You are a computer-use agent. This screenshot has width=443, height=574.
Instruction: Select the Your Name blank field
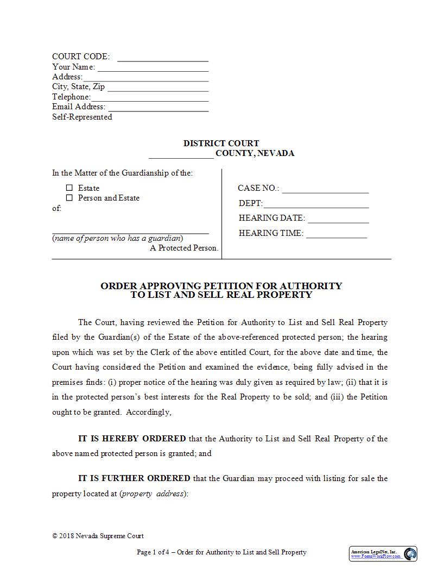pos(153,68)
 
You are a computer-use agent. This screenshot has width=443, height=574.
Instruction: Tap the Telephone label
pos(71,97)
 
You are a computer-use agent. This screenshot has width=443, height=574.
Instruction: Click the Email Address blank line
pos(158,109)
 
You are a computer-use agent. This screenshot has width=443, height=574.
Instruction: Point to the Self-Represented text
pos(82,117)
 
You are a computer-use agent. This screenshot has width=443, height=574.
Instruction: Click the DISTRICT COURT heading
pos(221,143)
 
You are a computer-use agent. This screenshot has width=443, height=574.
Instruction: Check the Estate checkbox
pos(69,188)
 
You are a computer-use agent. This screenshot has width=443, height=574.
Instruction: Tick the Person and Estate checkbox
pos(69,198)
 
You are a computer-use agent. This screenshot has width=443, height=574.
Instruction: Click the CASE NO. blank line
pos(325,191)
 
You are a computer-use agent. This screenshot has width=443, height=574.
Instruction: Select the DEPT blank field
pos(316,205)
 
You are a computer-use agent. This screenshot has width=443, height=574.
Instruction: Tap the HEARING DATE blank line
pos(338,221)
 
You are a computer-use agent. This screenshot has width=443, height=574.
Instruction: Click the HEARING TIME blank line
pos(336,236)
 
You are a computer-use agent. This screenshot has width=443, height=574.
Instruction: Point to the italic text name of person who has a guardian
pos(118,238)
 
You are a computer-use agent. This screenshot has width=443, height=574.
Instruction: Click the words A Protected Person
pos(184,248)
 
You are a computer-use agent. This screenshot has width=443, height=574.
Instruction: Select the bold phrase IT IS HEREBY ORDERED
pos(132,439)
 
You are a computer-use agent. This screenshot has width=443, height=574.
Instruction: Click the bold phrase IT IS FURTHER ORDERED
pos(134,478)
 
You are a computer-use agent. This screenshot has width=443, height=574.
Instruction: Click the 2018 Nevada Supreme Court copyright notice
pos(98,536)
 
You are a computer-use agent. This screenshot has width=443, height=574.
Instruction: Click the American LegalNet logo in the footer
pos(383,554)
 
